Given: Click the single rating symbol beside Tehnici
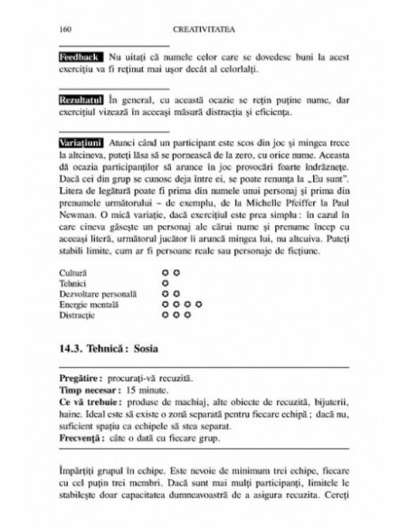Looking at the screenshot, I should [165, 281].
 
